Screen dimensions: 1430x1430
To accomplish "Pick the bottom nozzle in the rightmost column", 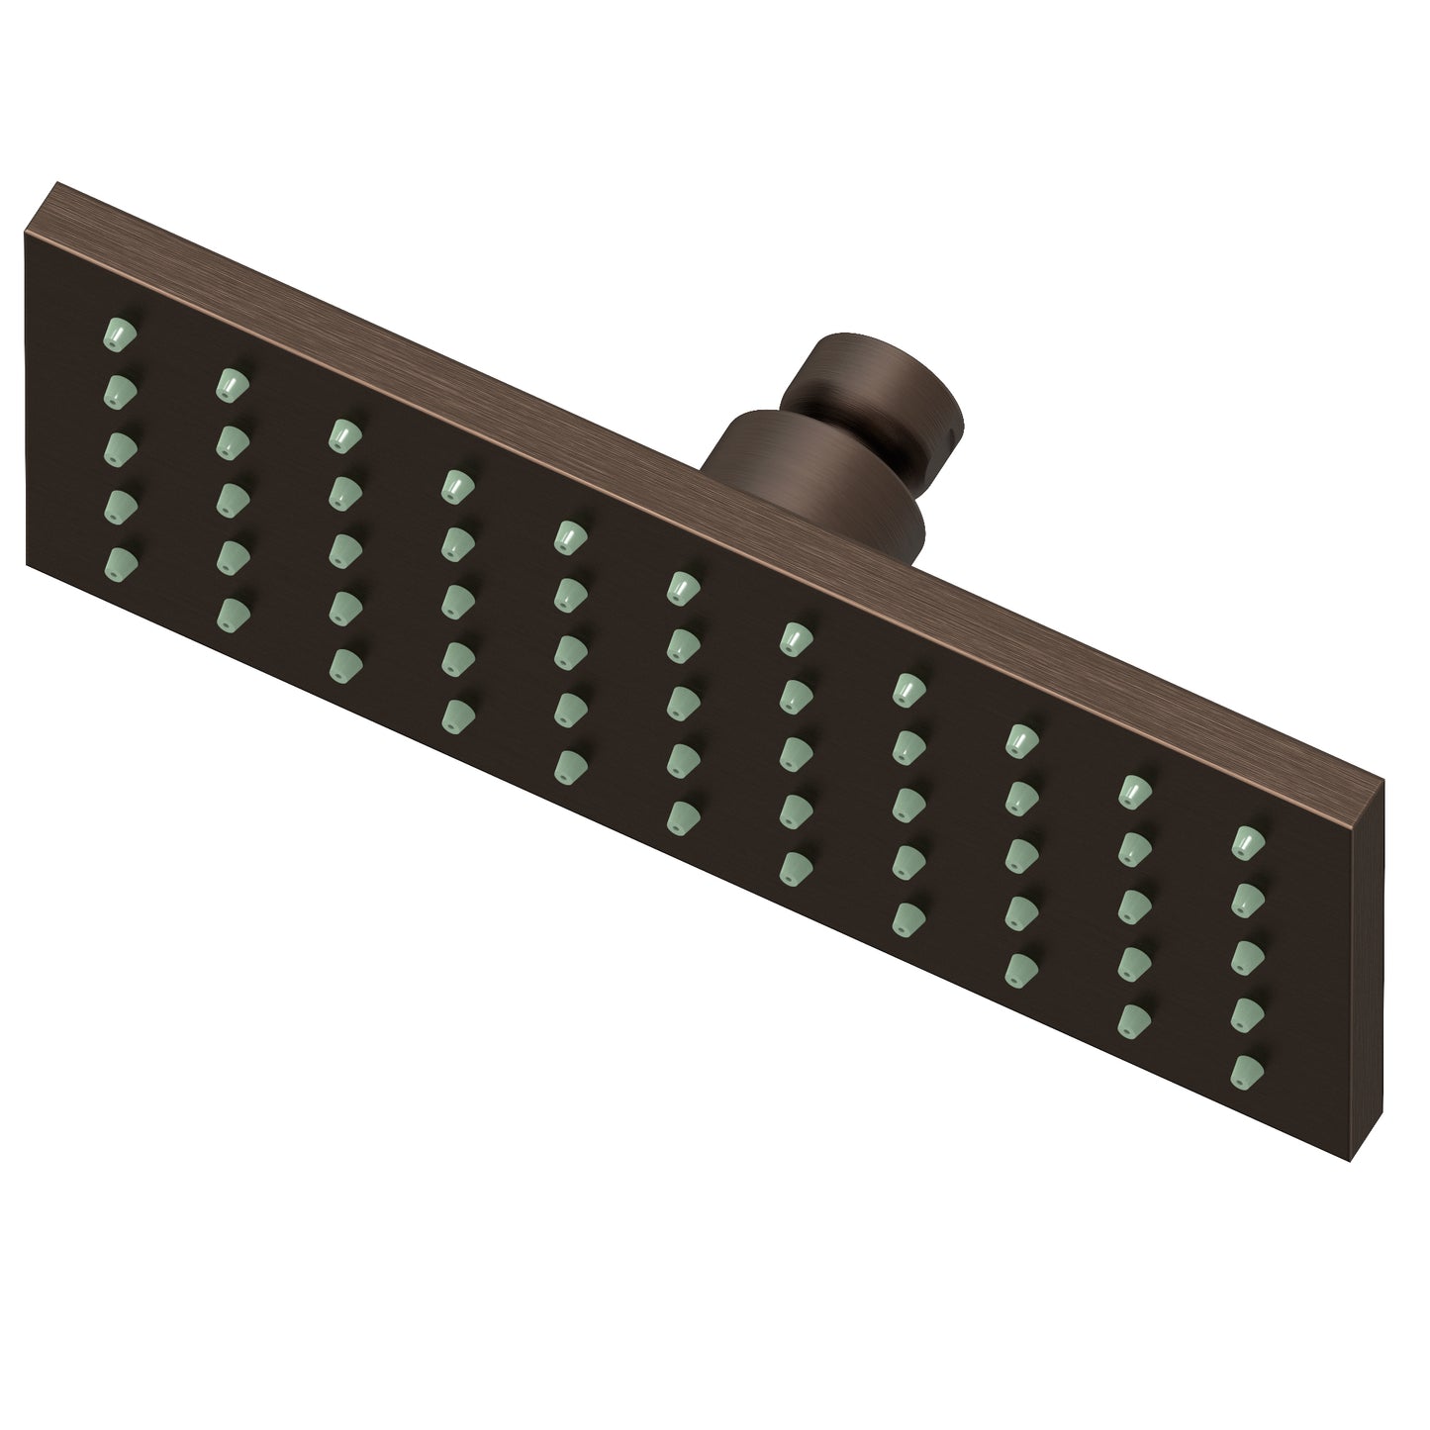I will click(1247, 1069).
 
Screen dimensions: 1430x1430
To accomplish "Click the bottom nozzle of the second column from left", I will click(230, 612).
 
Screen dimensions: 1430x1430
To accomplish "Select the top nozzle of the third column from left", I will click(342, 433).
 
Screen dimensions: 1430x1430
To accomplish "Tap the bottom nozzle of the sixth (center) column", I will click(679, 814).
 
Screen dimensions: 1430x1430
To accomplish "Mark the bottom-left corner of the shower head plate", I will click(25, 579).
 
